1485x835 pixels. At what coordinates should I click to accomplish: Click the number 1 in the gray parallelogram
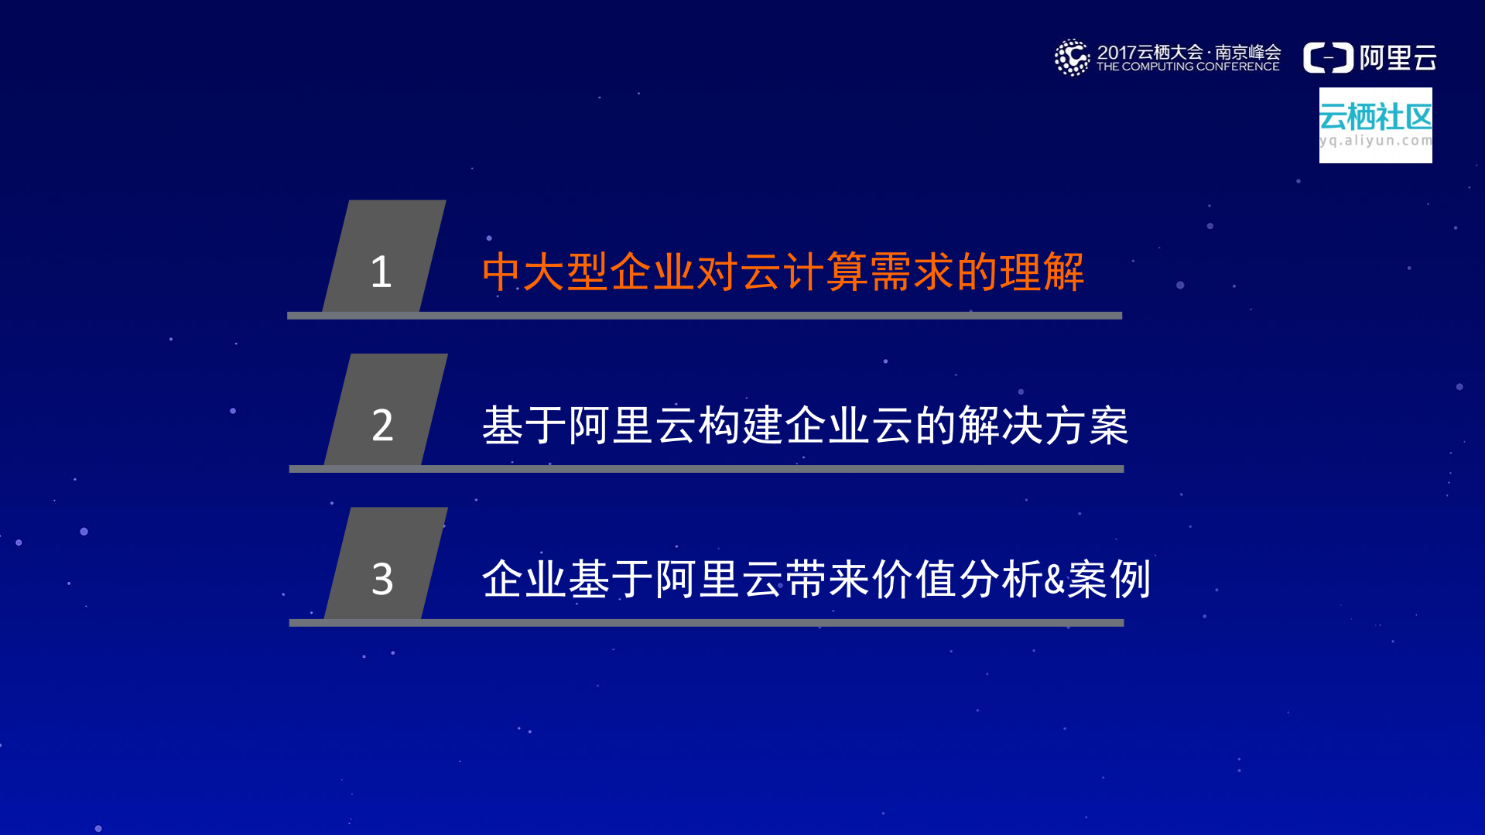(x=381, y=272)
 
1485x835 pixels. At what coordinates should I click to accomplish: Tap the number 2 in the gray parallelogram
(x=382, y=425)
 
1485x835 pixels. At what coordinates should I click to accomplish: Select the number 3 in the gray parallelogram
(x=382, y=579)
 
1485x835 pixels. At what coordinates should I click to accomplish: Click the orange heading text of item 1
(x=782, y=272)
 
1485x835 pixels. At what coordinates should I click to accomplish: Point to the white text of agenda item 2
(x=805, y=426)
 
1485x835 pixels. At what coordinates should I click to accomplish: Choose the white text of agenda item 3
(x=816, y=579)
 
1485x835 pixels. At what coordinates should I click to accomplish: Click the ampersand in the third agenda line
(x=1055, y=580)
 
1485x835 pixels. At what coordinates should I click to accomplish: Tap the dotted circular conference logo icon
(x=1072, y=57)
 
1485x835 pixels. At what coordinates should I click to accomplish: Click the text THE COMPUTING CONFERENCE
(x=1188, y=67)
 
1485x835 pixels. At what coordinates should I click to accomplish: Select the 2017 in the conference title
(x=1116, y=52)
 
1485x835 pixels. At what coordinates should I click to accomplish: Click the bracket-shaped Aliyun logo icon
(x=1328, y=58)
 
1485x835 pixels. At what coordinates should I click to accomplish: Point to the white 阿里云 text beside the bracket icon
(x=1398, y=58)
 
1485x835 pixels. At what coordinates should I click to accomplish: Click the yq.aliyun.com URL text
(x=1375, y=141)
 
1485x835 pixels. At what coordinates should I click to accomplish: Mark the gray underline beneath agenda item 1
(x=704, y=316)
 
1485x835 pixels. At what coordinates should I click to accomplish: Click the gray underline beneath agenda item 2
(x=706, y=469)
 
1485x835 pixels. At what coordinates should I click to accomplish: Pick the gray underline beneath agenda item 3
(x=706, y=622)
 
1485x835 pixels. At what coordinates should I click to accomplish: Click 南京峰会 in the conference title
(x=1247, y=52)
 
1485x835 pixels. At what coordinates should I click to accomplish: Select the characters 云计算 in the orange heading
(x=782, y=272)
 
